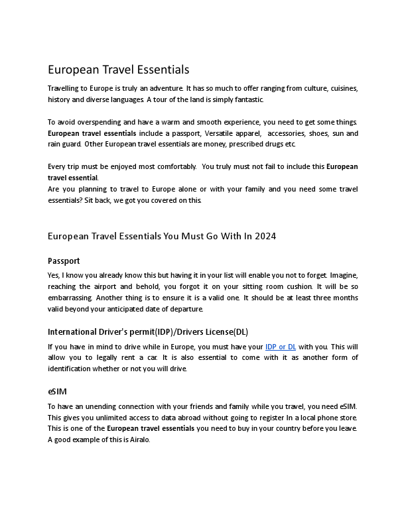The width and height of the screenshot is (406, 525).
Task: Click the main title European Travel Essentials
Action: [118, 70]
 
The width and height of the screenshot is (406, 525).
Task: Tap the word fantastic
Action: [245, 99]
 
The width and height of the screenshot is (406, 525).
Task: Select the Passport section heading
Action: [64, 261]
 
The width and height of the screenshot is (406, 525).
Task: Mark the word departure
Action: [184, 309]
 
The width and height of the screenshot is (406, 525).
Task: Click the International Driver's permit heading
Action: [147, 331]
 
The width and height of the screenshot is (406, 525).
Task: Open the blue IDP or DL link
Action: [280, 347]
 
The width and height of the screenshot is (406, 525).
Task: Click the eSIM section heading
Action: [57, 392]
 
